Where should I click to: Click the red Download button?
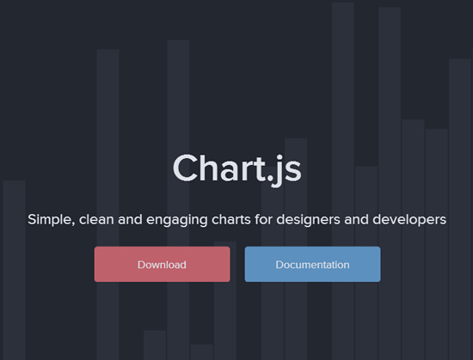point(162,265)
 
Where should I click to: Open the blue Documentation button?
point(312,265)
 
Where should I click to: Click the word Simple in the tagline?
point(50,219)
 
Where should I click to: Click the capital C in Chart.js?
point(186,168)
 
